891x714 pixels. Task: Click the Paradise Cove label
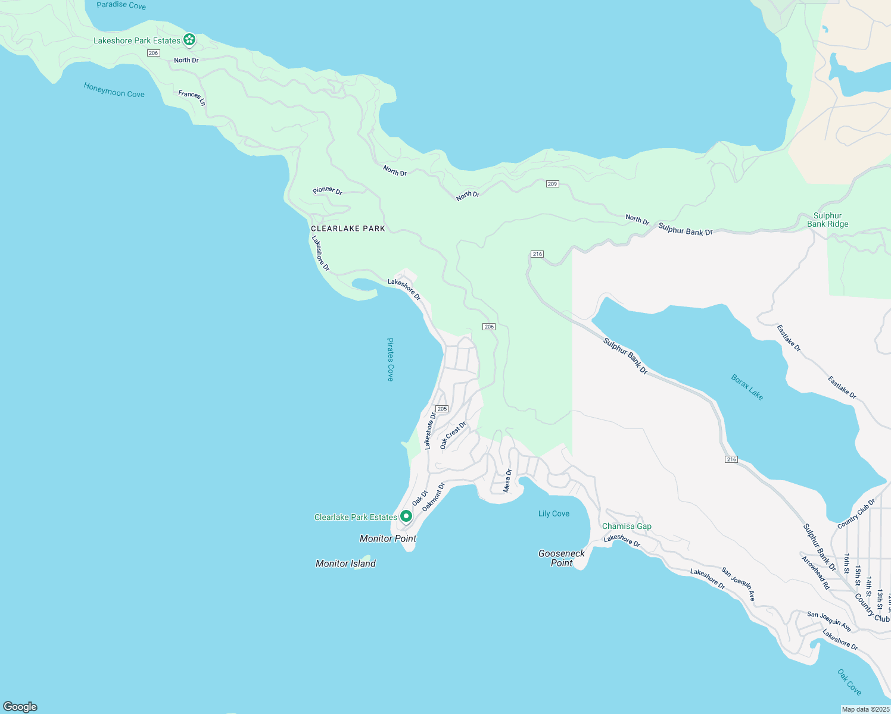point(121,5)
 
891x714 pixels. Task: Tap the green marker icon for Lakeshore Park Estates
point(189,40)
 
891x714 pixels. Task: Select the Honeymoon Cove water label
point(114,90)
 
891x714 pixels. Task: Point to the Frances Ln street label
point(192,98)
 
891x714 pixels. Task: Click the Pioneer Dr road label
point(328,190)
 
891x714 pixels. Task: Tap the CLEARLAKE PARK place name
point(348,228)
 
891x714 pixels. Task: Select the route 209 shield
point(552,184)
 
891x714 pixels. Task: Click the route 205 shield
point(441,409)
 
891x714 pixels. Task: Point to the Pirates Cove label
point(390,359)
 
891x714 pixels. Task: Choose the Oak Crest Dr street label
point(453,436)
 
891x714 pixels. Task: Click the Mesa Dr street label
point(508,481)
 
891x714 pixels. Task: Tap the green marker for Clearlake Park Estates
point(406,516)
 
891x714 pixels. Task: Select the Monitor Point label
point(388,538)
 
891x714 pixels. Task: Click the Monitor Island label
point(345,563)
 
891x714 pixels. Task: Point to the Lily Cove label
point(554,513)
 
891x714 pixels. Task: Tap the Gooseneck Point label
point(562,558)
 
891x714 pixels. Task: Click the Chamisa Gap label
point(627,526)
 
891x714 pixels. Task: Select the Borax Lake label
point(747,387)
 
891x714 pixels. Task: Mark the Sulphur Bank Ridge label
point(827,220)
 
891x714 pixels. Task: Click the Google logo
point(20,707)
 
